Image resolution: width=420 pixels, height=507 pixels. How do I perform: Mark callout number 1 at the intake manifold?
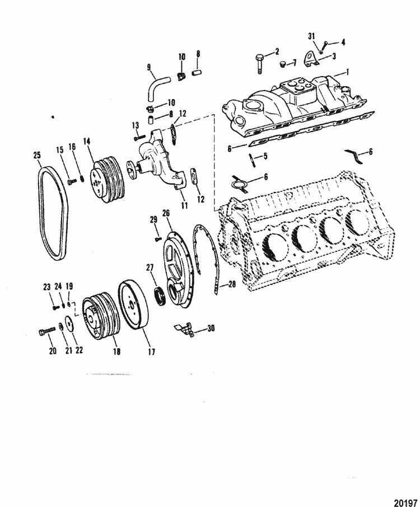347,72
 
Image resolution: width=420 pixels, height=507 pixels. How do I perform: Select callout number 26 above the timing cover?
166,213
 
